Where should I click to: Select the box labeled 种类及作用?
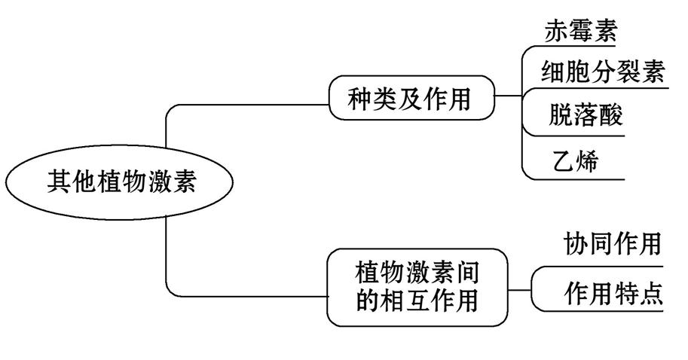pos(409,99)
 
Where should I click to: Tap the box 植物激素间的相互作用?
pos(417,286)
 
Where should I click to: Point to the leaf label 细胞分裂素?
pos(603,73)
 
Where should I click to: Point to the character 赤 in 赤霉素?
pos(556,32)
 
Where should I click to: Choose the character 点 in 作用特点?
pos(650,294)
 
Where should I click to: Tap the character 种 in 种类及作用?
pos(360,99)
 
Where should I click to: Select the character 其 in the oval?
pos(60,182)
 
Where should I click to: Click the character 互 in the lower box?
pos(417,301)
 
